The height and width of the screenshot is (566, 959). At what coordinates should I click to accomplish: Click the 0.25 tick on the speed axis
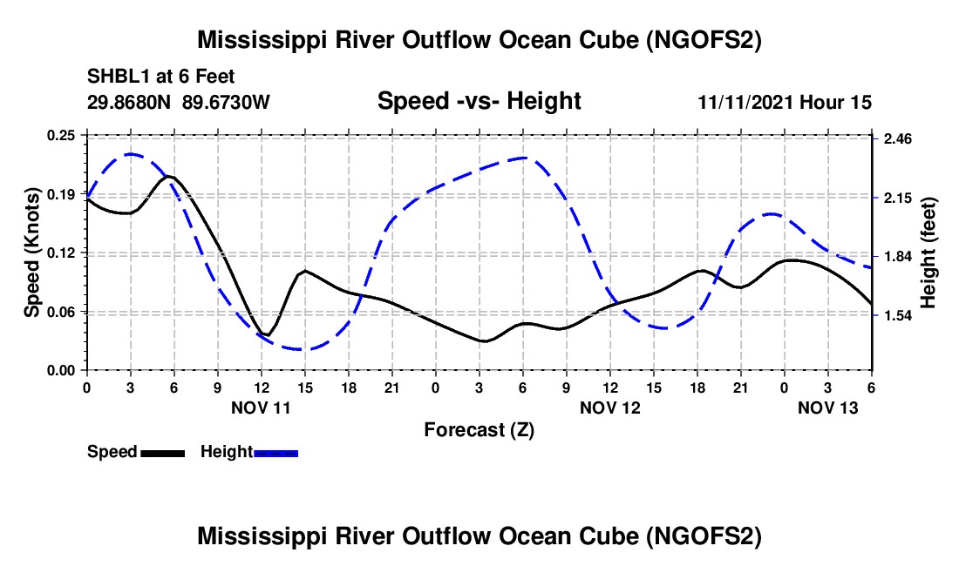tap(62, 135)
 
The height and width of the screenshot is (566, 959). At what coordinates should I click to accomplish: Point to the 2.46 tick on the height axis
tap(897, 139)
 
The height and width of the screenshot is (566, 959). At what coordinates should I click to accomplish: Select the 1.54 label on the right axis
tap(897, 315)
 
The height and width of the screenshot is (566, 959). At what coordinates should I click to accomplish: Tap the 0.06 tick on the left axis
tap(62, 312)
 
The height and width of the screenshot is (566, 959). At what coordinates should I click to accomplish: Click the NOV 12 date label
tap(609, 408)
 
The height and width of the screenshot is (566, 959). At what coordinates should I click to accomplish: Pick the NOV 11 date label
tap(261, 408)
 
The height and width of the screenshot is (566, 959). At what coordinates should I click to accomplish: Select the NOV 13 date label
tap(827, 408)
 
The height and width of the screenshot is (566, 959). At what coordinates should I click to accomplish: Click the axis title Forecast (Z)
tap(479, 429)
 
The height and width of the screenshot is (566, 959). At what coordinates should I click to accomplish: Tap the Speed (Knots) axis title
tap(31, 253)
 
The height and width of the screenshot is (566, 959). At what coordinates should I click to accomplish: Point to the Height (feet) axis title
tap(928, 253)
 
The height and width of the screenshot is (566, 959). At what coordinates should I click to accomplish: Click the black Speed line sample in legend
tap(162, 452)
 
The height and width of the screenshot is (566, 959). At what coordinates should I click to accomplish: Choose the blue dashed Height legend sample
tap(275, 452)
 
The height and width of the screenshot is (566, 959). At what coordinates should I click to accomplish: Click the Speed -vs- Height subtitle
tap(479, 102)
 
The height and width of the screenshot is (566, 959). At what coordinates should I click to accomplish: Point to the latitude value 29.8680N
tap(130, 102)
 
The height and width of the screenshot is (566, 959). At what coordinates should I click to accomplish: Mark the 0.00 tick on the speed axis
tap(62, 371)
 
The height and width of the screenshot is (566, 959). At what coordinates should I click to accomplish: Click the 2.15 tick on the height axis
tap(897, 199)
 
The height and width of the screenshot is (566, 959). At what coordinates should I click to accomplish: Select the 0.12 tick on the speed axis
tap(62, 253)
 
